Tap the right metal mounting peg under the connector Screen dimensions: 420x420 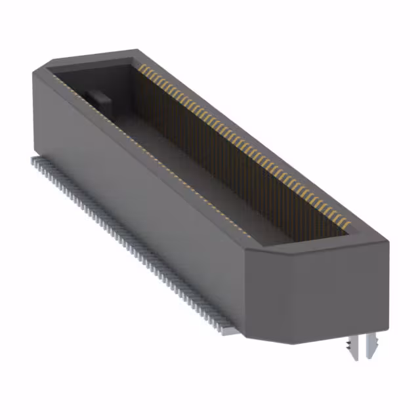point(373,344)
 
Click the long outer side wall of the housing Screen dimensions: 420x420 point(144,197)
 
